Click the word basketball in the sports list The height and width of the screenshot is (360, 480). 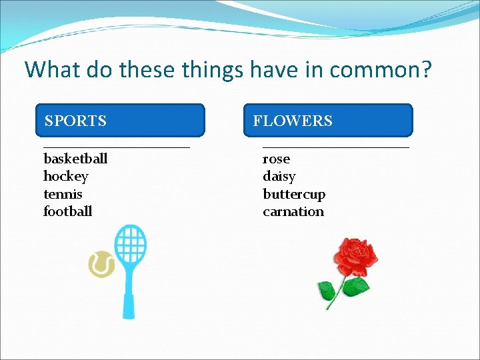75,159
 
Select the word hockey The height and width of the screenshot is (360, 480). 65,177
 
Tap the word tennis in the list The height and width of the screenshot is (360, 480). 63,194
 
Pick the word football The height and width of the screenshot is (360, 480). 67,212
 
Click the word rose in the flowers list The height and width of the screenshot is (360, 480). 276,159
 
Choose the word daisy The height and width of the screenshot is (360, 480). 279,177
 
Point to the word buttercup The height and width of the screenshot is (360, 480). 294,195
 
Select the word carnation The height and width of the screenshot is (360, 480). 293,212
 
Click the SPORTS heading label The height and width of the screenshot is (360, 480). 75,121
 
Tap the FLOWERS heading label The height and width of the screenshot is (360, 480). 293,121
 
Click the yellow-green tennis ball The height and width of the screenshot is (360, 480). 101,265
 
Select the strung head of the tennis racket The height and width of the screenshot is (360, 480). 131,246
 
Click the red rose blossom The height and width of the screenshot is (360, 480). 355,257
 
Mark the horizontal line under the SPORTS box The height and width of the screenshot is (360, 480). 117,146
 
